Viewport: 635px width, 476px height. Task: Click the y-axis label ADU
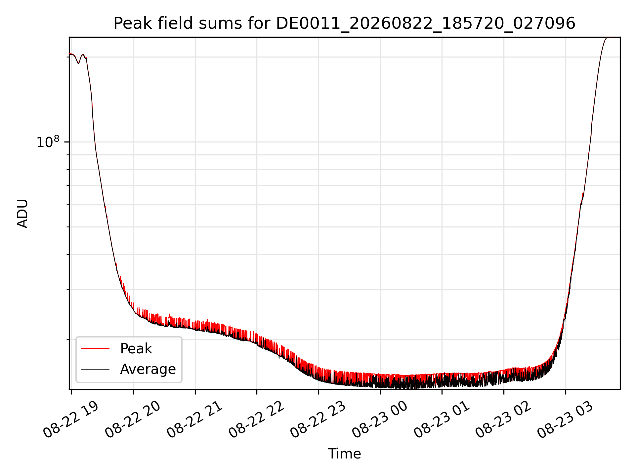tap(22, 213)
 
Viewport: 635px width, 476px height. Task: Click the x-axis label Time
tap(344, 454)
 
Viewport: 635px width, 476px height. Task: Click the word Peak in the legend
tap(136, 349)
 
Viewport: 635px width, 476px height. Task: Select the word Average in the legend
tap(148, 369)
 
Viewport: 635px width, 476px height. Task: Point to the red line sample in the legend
tap(95, 348)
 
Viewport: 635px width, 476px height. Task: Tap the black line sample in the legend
tap(95, 369)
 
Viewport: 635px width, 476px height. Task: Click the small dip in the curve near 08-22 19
tap(78, 63)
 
